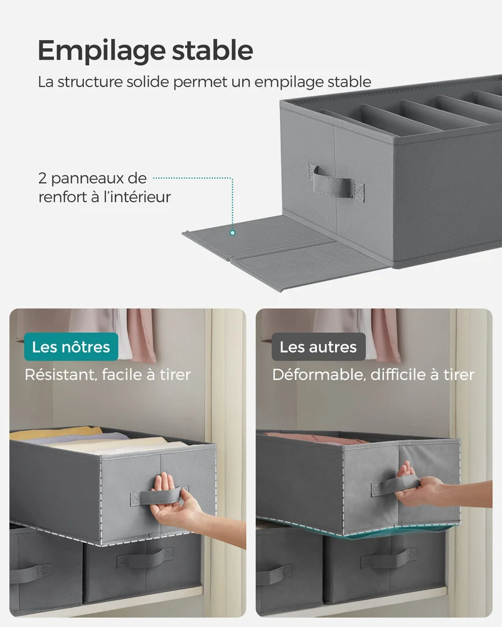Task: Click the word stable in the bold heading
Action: pyautogui.click(x=213, y=50)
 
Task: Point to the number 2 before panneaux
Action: pyautogui.click(x=43, y=178)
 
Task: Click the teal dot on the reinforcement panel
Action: pyautogui.click(x=233, y=233)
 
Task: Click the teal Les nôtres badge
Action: pyautogui.click(x=71, y=347)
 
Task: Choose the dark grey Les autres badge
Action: pyautogui.click(x=318, y=347)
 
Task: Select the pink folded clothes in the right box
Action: pyautogui.click(x=316, y=438)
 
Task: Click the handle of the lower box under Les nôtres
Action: pyautogui.click(x=145, y=558)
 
